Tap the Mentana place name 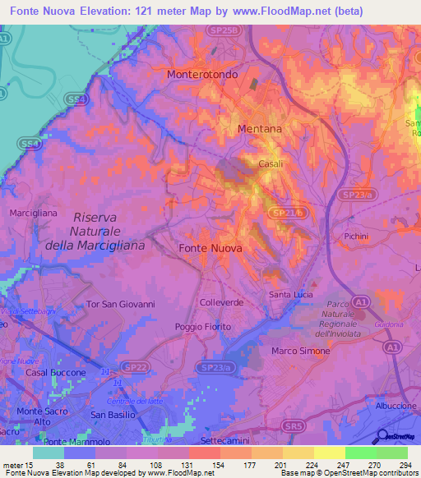[259, 129]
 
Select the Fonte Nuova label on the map [210, 247]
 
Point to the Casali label [271, 163]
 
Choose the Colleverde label [220, 302]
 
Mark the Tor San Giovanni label [121, 304]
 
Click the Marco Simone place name [300, 351]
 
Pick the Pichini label [356, 235]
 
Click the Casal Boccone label [56, 372]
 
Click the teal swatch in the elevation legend [48, 453]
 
